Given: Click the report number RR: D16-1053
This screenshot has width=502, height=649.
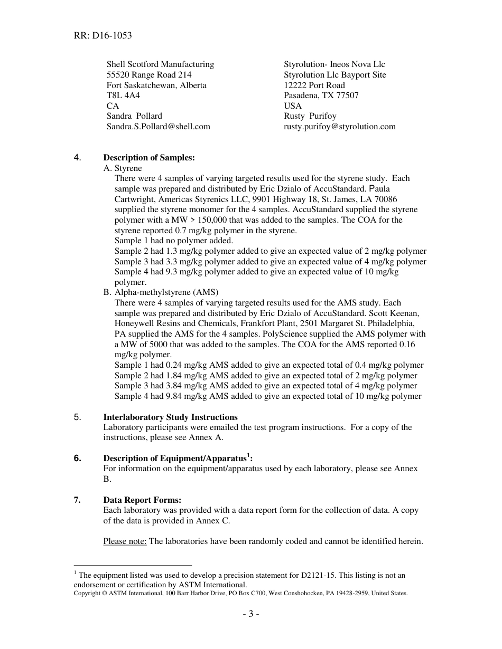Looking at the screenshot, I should point(103,36).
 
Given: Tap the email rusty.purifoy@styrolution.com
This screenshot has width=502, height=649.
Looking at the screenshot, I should point(339,127).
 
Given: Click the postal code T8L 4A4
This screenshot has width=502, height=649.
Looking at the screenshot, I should point(123,96).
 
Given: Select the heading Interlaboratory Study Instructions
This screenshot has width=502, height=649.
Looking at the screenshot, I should point(170,417).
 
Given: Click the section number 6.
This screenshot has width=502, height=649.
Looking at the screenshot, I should point(78,459).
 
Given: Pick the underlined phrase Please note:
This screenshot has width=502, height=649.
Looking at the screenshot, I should point(125,541).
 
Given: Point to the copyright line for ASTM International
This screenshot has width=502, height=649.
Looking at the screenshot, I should point(240,593).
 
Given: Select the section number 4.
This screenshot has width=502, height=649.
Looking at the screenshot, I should point(78,157).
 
